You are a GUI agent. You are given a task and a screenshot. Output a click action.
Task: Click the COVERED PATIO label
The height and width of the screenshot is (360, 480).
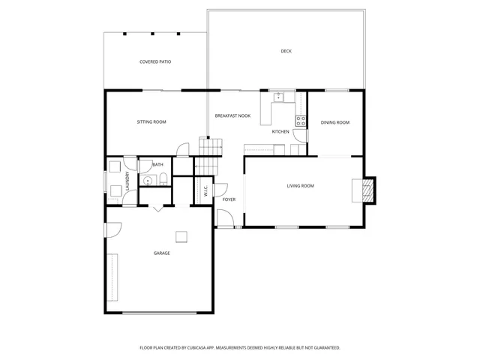[x=155, y=61]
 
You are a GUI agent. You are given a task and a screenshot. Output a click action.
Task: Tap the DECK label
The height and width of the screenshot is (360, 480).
[x=286, y=51]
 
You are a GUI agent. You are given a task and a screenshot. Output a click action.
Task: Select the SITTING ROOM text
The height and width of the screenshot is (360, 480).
[x=151, y=121]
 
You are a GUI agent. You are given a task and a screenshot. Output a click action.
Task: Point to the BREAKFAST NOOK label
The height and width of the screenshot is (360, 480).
[x=232, y=115]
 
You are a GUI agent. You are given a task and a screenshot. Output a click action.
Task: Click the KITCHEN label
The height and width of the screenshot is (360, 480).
[x=280, y=131]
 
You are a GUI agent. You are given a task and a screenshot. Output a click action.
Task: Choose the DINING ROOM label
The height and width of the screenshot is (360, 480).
[x=335, y=122]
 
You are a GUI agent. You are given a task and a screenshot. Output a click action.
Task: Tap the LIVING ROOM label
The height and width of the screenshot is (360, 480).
[x=300, y=186]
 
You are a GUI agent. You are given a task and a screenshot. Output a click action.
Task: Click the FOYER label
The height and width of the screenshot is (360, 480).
[x=229, y=199]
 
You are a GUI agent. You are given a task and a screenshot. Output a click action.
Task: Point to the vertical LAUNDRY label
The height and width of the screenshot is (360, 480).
[x=127, y=182]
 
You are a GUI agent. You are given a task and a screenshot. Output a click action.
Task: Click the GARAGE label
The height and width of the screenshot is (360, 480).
[x=162, y=253]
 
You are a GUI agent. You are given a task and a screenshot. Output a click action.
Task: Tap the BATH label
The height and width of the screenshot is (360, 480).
[x=157, y=164]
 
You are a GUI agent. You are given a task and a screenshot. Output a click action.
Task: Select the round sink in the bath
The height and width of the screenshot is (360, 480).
[x=148, y=180]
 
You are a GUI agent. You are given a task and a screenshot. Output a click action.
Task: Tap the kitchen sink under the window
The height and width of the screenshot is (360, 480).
[x=278, y=97]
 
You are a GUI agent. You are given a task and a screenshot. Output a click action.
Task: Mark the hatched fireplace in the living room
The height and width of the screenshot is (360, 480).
[x=366, y=190]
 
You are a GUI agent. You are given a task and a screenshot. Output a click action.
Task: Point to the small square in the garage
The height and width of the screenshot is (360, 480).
[x=181, y=237]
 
